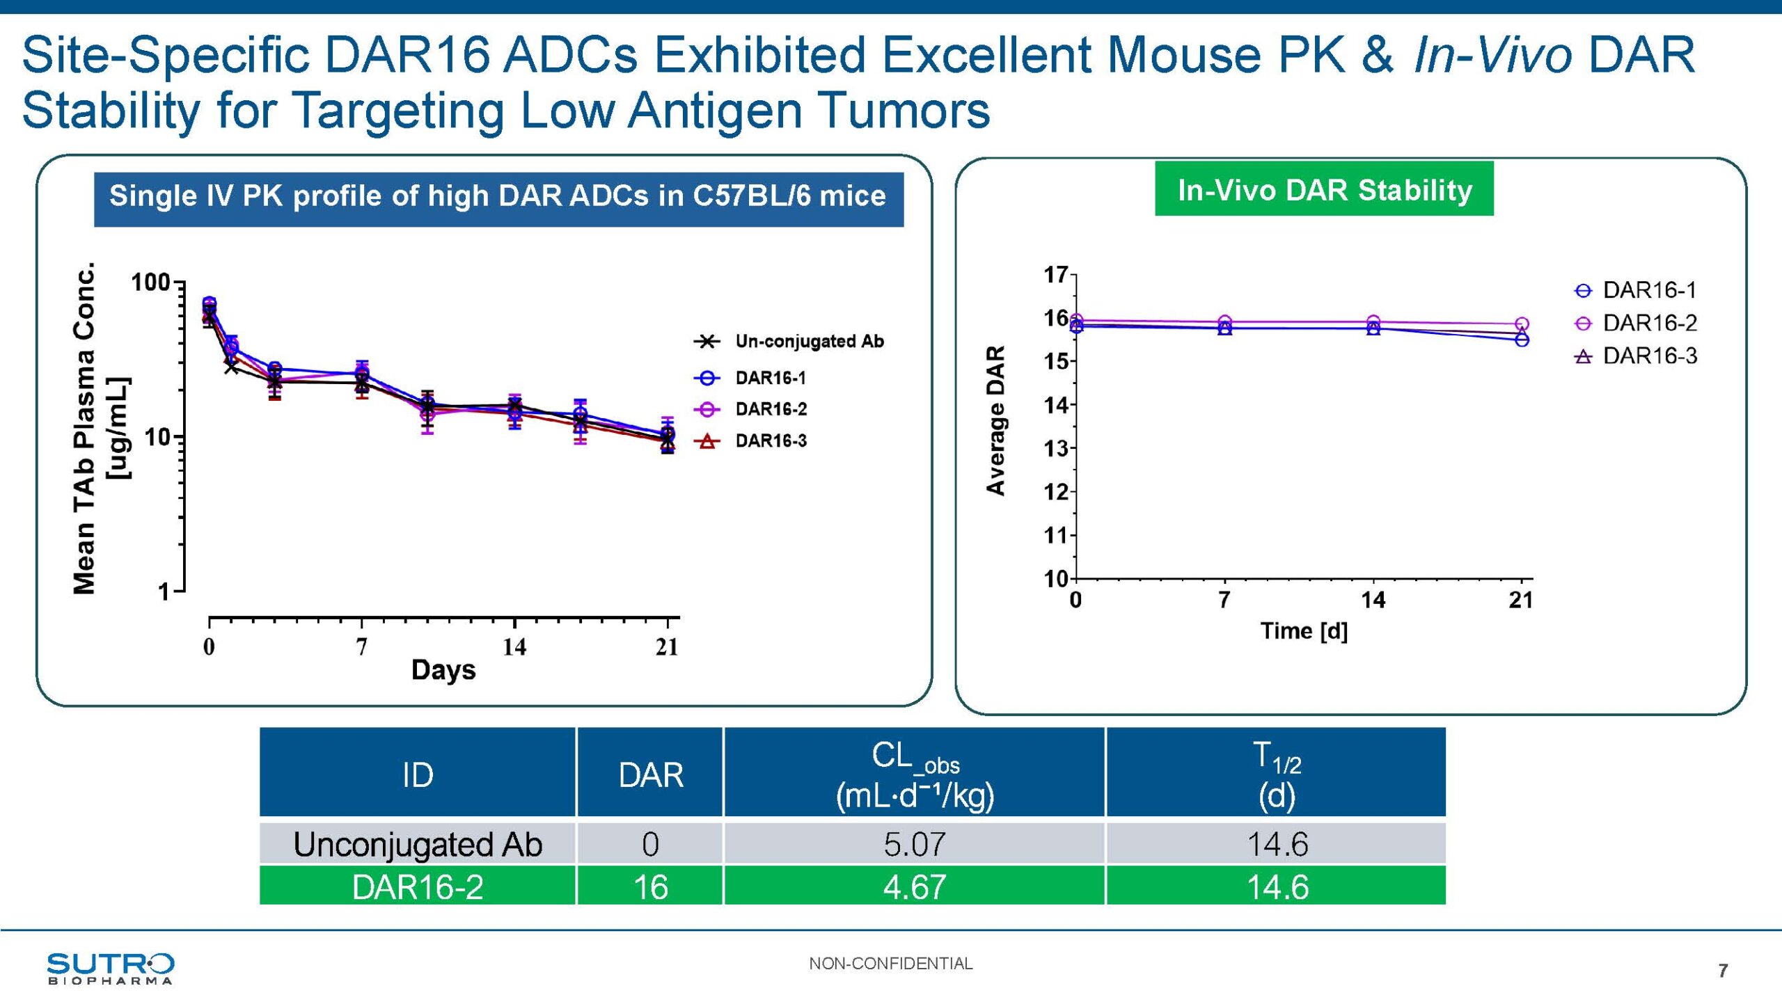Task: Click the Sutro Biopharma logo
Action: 110,968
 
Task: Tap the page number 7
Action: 1723,971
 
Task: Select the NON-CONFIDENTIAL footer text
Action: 890,964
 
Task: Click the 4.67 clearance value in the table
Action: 914,887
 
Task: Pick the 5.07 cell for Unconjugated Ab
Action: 914,844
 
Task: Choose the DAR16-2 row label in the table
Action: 418,887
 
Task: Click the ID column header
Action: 418,774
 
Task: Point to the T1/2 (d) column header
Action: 1277,774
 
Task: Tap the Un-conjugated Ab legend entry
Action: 809,342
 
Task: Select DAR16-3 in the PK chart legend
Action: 771,441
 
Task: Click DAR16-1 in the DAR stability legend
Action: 1649,290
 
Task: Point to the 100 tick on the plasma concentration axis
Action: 150,283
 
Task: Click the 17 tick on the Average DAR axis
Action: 1055,275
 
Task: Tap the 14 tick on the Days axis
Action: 514,647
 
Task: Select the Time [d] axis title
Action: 1304,631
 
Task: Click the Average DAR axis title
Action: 996,420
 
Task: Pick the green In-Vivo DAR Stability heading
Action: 1324,190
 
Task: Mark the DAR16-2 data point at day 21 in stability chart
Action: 1522,324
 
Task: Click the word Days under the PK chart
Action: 443,670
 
